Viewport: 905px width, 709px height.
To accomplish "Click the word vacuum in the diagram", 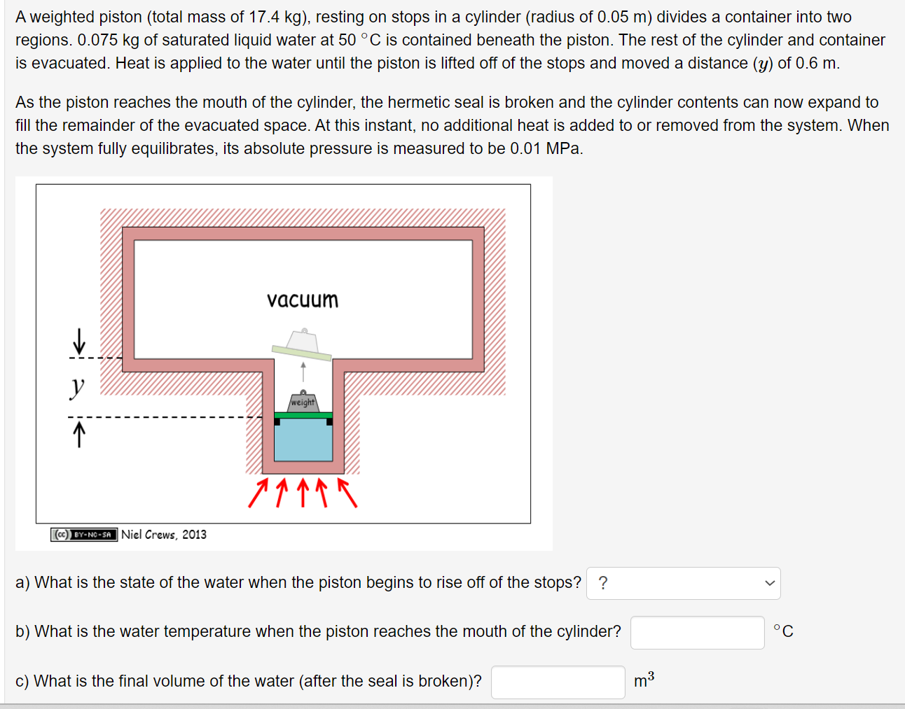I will [x=302, y=300].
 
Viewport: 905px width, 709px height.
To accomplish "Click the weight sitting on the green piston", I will [x=303, y=402].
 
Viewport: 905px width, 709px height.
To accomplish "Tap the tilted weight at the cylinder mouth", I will [x=302, y=343].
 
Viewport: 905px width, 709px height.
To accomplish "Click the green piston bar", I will [x=303, y=416].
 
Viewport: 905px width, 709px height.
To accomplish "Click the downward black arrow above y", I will [x=79, y=342].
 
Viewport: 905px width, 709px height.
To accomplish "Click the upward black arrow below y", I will [x=79, y=434].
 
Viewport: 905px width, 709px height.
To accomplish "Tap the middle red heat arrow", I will [x=303, y=492].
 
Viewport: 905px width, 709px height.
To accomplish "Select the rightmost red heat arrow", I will [x=347, y=492].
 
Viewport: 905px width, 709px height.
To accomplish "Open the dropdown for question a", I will [x=683, y=583].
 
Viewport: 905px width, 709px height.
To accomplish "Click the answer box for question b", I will [x=697, y=632].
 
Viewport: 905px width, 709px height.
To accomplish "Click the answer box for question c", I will [x=558, y=682].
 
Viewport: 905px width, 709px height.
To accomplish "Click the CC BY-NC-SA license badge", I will [x=84, y=535].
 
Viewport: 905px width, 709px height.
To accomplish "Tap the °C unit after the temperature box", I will [x=783, y=631].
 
